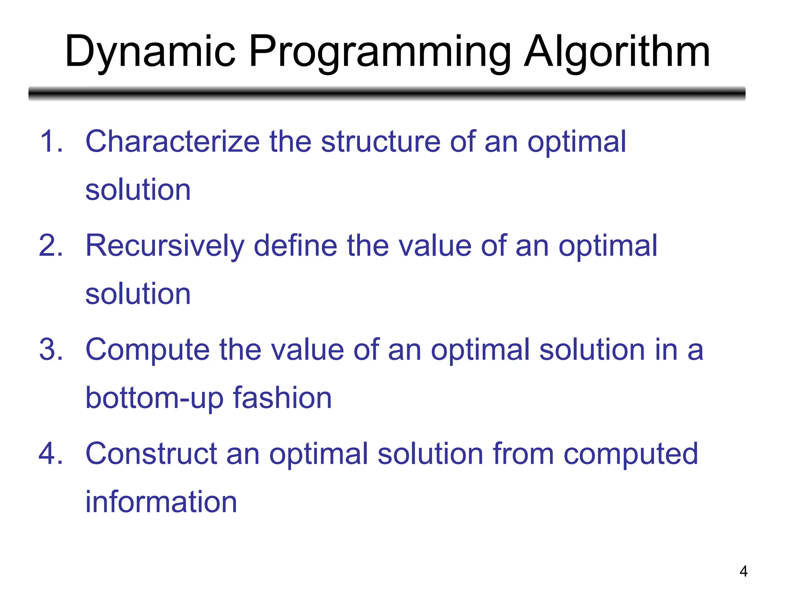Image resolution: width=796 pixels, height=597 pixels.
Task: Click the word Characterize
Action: click(x=173, y=141)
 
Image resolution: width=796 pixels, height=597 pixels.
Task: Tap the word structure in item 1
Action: click(x=381, y=141)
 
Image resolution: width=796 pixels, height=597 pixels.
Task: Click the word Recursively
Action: click(x=165, y=246)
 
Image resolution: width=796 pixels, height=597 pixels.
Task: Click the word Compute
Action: click(x=148, y=349)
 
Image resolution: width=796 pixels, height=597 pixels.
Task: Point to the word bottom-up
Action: click(x=155, y=398)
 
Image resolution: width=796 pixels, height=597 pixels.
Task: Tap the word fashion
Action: click(x=282, y=398)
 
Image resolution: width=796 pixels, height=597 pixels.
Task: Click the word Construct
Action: click(x=151, y=454)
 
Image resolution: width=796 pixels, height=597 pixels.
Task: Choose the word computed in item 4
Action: click(x=630, y=454)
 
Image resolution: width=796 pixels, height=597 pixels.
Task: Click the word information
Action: click(x=161, y=502)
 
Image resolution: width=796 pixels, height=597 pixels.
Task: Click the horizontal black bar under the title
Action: click(x=387, y=93)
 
